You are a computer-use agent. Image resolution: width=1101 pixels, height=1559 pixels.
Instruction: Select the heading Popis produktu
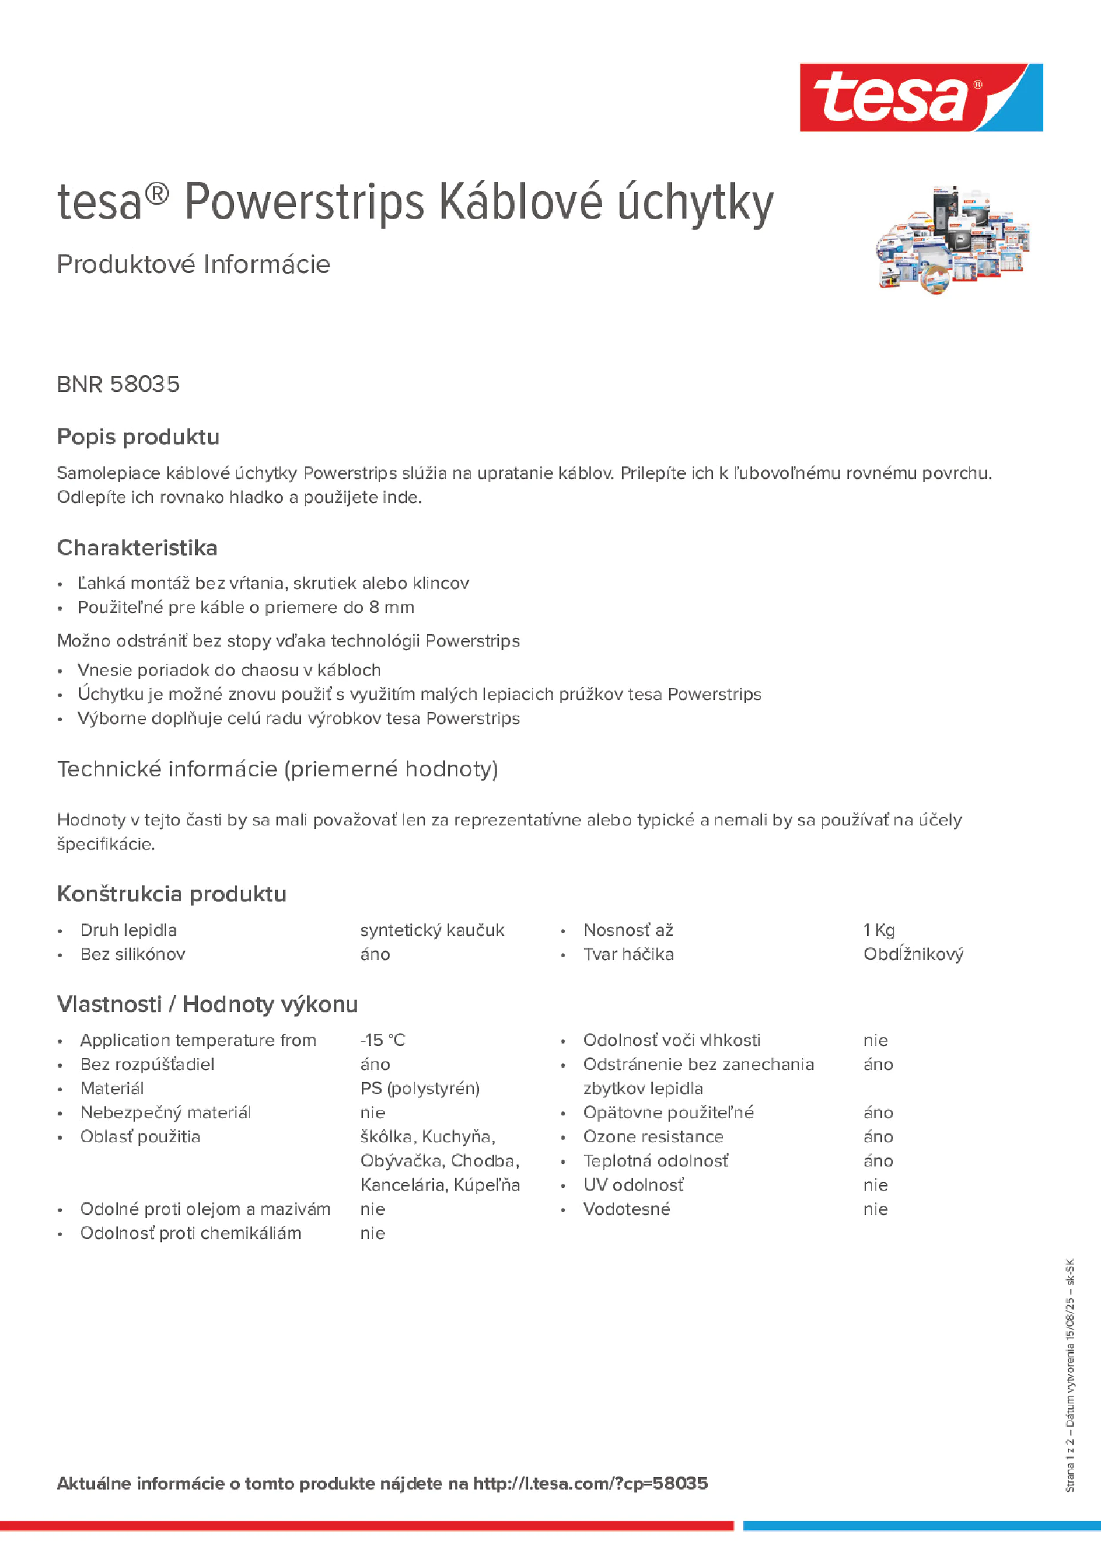pos(138,437)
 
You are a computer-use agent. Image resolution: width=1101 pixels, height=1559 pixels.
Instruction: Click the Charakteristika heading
pos(137,547)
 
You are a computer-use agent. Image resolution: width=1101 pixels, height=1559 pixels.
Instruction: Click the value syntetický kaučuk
pos(432,930)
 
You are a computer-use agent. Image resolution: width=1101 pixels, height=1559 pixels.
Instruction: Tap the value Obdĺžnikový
pos(913,954)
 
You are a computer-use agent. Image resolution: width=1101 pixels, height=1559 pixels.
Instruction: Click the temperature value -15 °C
pos(382,1040)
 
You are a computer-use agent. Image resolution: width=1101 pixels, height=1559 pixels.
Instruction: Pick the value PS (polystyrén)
pos(420,1088)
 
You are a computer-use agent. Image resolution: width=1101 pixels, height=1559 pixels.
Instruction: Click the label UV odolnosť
pos(632,1184)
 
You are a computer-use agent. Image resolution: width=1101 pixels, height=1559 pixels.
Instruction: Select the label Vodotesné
pos(626,1209)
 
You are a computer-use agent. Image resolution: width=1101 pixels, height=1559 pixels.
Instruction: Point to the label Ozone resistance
pos(653,1136)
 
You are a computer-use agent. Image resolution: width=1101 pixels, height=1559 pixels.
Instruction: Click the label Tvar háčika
pos(628,954)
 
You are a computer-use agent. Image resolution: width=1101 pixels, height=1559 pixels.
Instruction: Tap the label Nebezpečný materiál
pos(165,1112)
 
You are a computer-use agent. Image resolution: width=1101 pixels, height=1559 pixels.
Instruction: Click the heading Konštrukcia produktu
pos(171,894)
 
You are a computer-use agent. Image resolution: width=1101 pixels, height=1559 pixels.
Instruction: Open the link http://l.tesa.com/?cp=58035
pos(590,1483)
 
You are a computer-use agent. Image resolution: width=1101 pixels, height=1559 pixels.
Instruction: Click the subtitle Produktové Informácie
pos(194,264)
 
